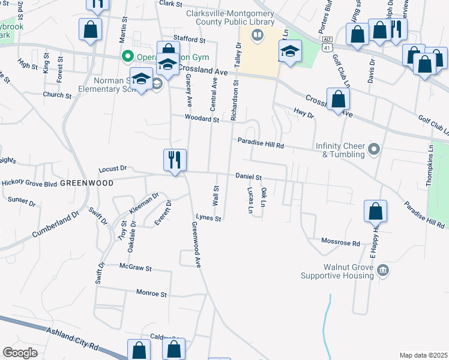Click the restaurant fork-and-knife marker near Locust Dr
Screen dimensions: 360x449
[x=175, y=160]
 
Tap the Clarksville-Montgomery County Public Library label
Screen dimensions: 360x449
[x=225, y=17]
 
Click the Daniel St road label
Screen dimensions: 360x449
[x=249, y=177]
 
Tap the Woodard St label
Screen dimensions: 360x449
[x=202, y=119]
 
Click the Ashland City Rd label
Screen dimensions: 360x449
[x=76, y=341]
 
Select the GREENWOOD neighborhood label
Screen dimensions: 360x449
[x=87, y=183]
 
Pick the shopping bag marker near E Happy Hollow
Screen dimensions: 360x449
[x=376, y=211]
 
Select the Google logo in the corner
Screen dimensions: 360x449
[x=20, y=353]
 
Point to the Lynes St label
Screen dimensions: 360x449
[x=209, y=218]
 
